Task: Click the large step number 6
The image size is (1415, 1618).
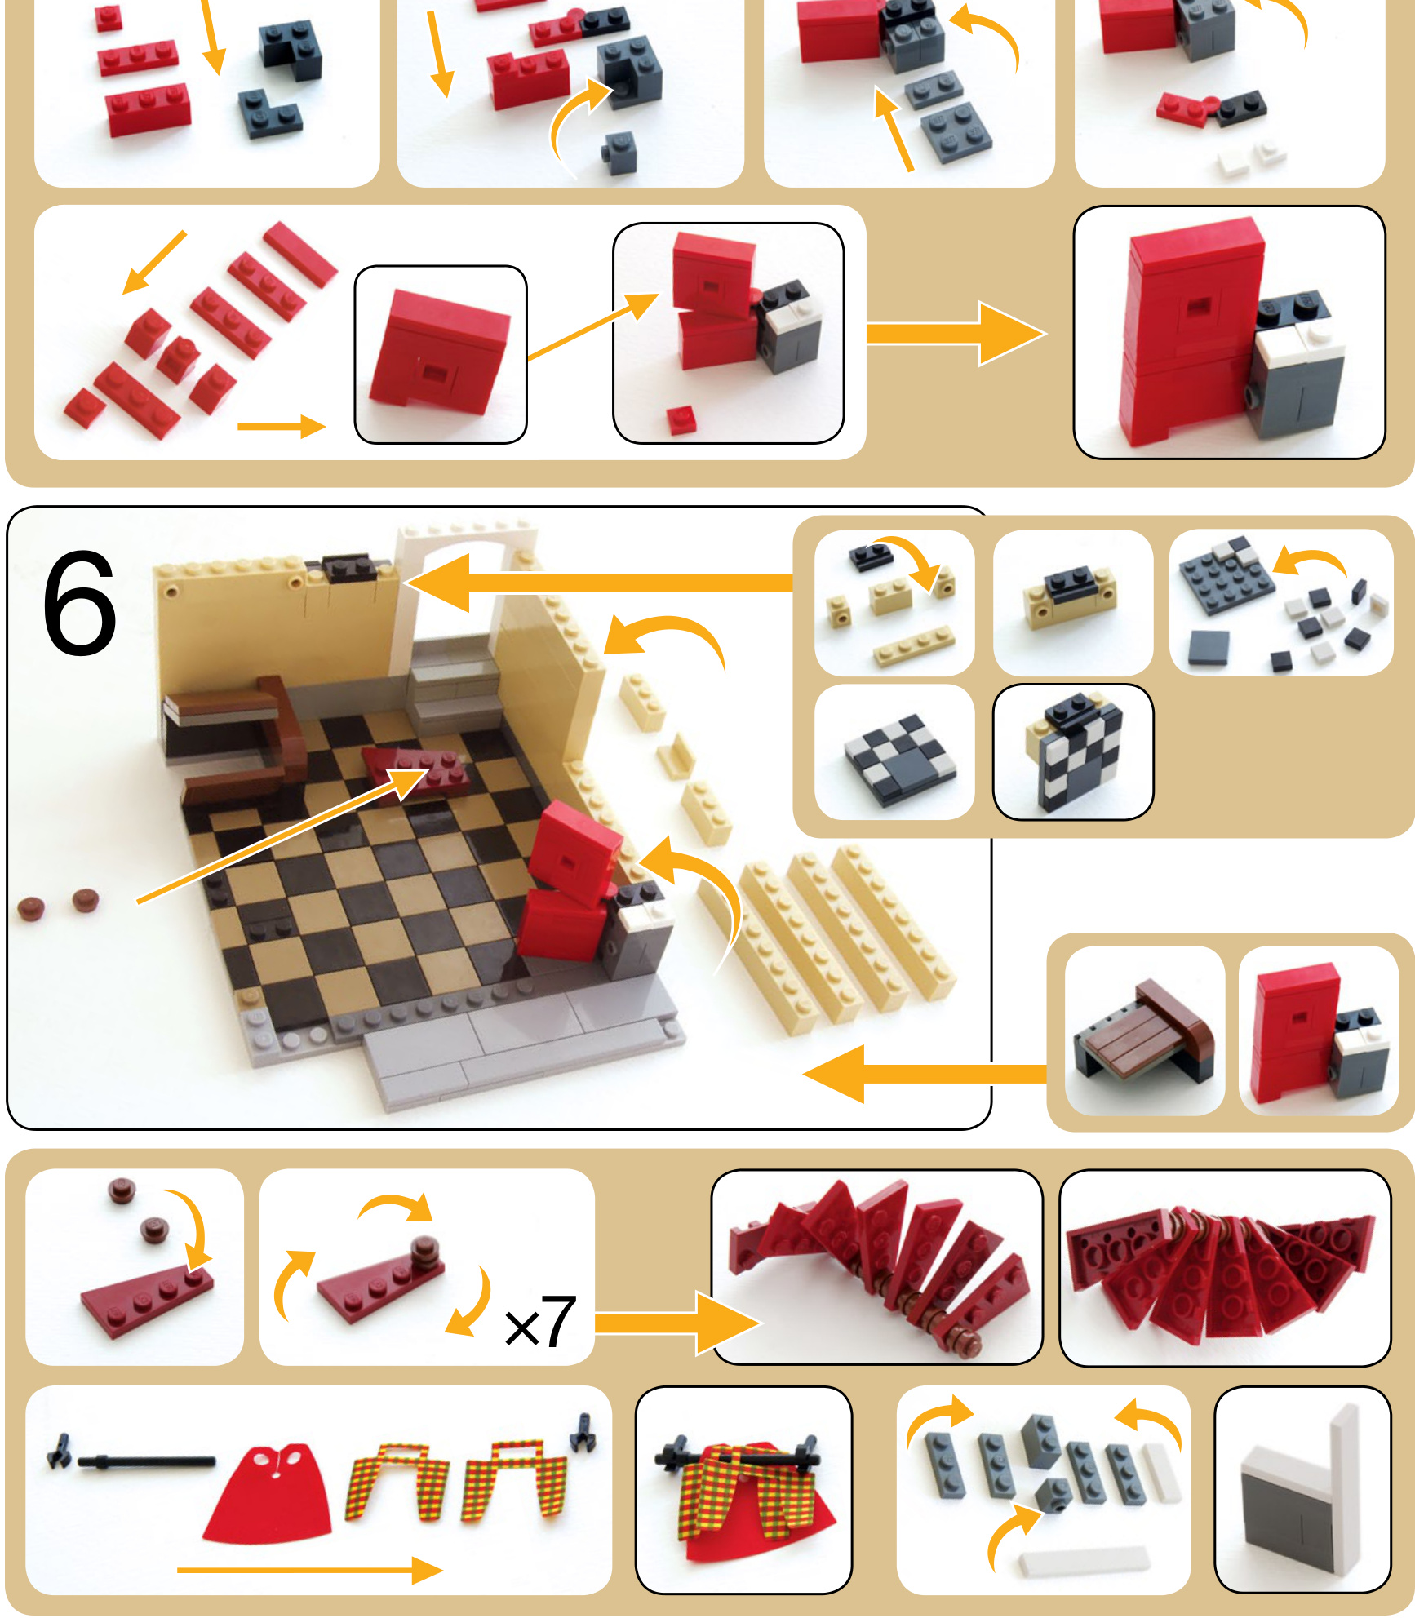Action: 79,603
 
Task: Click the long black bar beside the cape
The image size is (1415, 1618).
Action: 146,1461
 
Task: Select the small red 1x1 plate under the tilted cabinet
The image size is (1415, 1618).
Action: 681,419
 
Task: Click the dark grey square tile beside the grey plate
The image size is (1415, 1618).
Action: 1209,649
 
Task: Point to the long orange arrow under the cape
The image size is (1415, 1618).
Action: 310,1569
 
